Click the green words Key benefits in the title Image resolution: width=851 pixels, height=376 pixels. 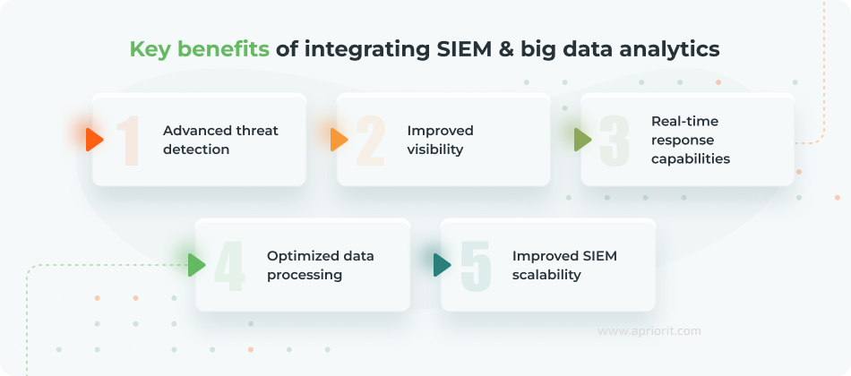point(199,49)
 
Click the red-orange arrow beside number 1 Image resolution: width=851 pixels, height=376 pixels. point(94,140)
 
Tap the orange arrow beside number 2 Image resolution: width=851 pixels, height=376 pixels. point(339,140)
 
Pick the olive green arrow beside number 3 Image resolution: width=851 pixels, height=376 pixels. point(582,140)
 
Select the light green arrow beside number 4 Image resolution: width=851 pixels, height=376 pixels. point(197,265)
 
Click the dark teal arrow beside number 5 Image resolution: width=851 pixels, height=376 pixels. point(442,265)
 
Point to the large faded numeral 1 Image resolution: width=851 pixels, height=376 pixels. point(131,141)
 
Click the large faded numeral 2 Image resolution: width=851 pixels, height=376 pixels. point(372,141)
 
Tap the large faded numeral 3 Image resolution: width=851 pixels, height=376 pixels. point(615,141)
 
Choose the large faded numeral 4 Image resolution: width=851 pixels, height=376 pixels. point(229,266)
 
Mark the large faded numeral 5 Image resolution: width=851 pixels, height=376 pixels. point(476,266)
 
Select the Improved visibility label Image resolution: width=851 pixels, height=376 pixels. point(440,140)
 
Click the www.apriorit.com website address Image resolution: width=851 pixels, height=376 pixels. point(649,331)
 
